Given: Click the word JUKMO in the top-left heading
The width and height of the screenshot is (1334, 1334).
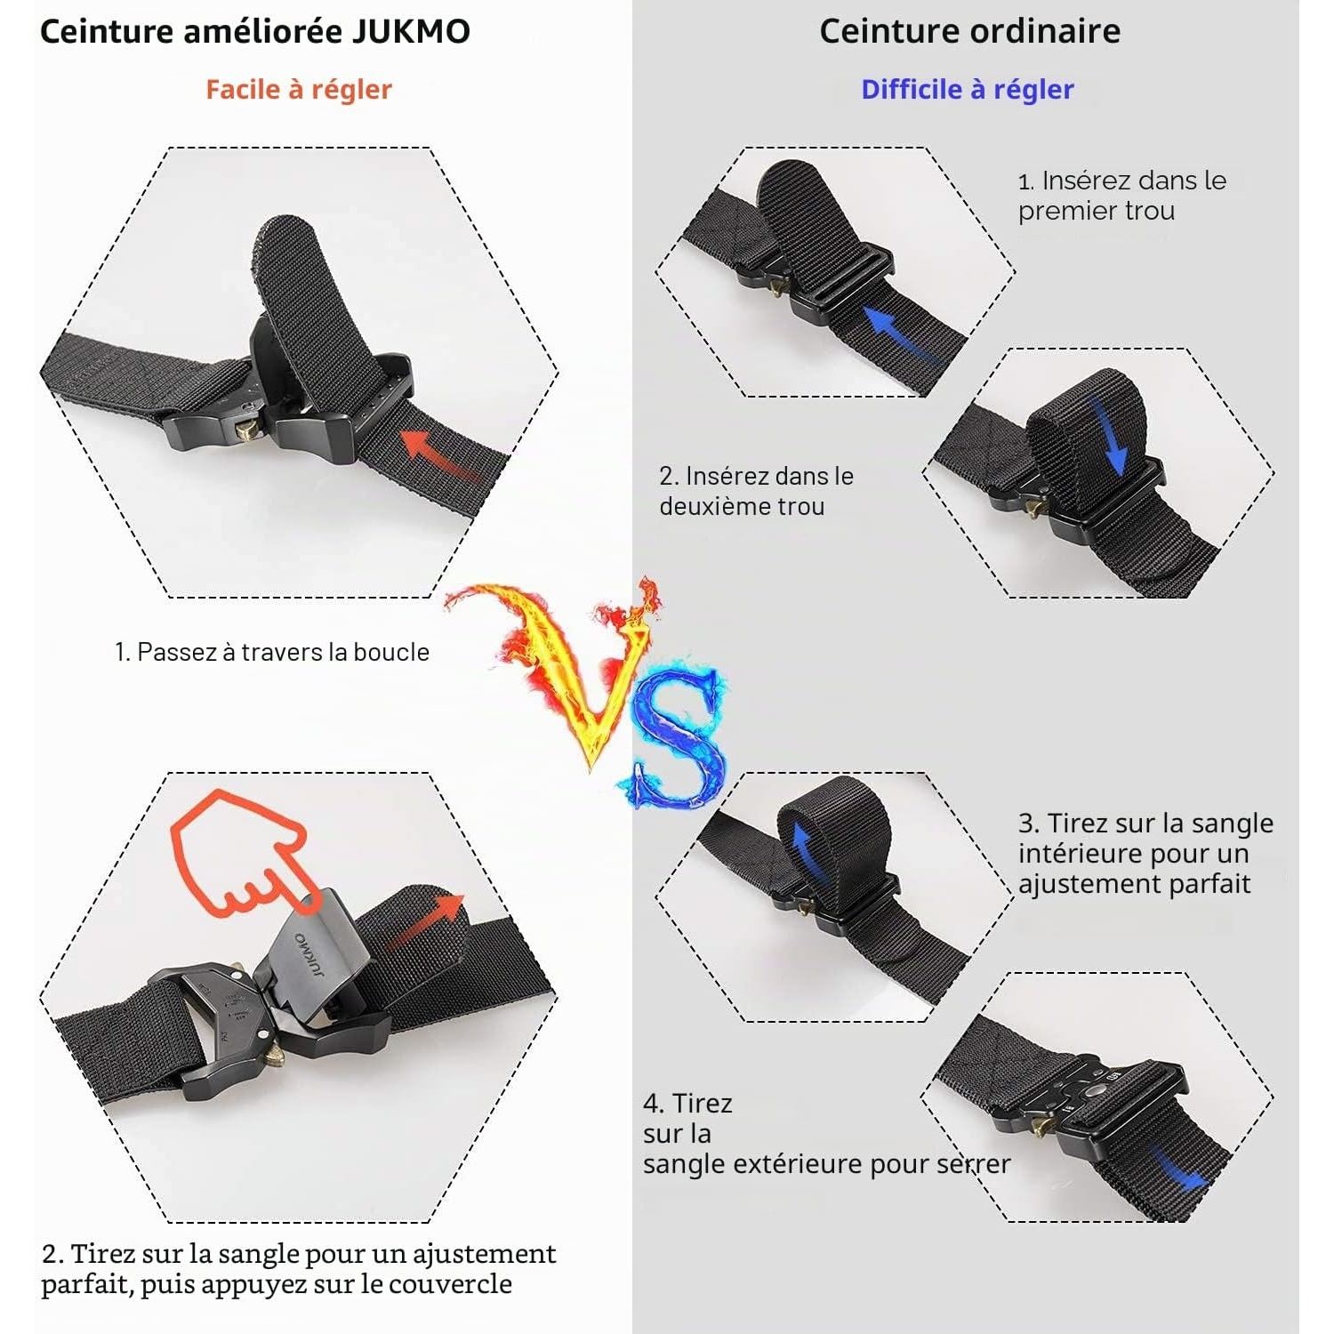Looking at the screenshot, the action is (x=411, y=32).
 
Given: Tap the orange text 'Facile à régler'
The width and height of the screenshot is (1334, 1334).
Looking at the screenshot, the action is (x=299, y=90).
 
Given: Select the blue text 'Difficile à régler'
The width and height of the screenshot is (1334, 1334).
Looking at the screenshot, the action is (x=968, y=90).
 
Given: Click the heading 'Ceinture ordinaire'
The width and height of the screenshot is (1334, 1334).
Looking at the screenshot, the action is (x=969, y=32).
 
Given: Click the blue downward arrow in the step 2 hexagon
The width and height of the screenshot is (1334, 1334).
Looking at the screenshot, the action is (x=1112, y=436).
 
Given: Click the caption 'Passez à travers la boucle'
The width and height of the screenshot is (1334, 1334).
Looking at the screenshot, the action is (x=284, y=652).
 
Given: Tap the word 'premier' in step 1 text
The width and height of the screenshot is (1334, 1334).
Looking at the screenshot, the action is (x=1060, y=212).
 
